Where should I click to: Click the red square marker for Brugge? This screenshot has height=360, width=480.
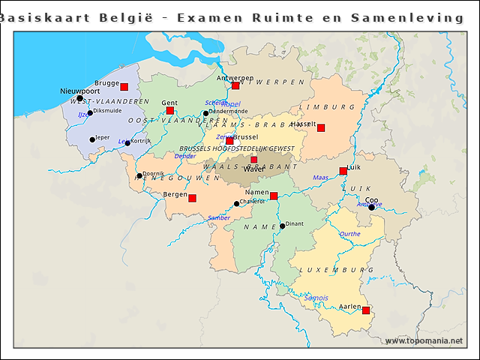click(x=124, y=87)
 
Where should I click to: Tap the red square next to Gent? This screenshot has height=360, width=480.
click(x=170, y=111)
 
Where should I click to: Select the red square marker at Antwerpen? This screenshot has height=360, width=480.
click(x=235, y=85)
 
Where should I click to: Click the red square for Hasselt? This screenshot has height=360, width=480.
click(x=321, y=128)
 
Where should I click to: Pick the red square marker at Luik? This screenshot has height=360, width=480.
click(x=343, y=171)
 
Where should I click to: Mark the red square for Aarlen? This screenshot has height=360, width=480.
click(x=366, y=310)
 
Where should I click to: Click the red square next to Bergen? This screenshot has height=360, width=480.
click(x=192, y=198)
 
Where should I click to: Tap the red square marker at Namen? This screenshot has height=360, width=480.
click(x=274, y=196)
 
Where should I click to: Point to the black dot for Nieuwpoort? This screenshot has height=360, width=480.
click(x=80, y=98)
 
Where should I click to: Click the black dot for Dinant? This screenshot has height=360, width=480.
click(x=283, y=226)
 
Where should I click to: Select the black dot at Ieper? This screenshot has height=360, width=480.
click(x=92, y=139)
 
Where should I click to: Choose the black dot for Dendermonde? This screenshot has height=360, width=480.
click(x=205, y=114)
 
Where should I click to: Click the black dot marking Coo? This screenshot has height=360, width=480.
click(x=371, y=207)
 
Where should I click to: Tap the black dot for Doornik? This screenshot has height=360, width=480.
click(x=139, y=176)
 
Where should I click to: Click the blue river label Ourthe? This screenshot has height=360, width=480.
click(x=349, y=234)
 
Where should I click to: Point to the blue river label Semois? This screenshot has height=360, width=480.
click(x=316, y=298)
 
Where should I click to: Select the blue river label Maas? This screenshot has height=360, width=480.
click(x=320, y=178)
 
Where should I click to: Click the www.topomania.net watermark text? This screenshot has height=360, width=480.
click(x=424, y=341)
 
